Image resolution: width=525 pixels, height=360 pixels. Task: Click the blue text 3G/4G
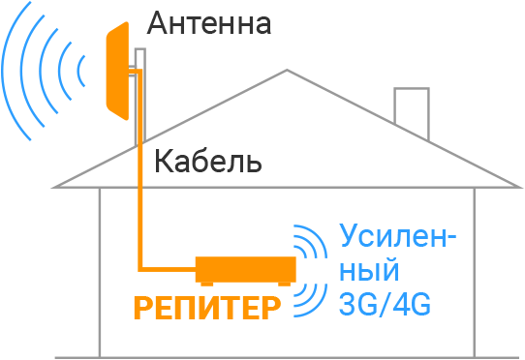[x=385, y=305]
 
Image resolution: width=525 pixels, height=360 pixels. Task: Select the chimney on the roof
[x=411, y=105]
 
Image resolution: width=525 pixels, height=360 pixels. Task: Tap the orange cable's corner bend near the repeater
[x=142, y=267]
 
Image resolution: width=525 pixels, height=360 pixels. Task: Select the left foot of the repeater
[x=205, y=283]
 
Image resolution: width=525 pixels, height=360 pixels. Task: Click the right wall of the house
[x=474, y=271]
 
